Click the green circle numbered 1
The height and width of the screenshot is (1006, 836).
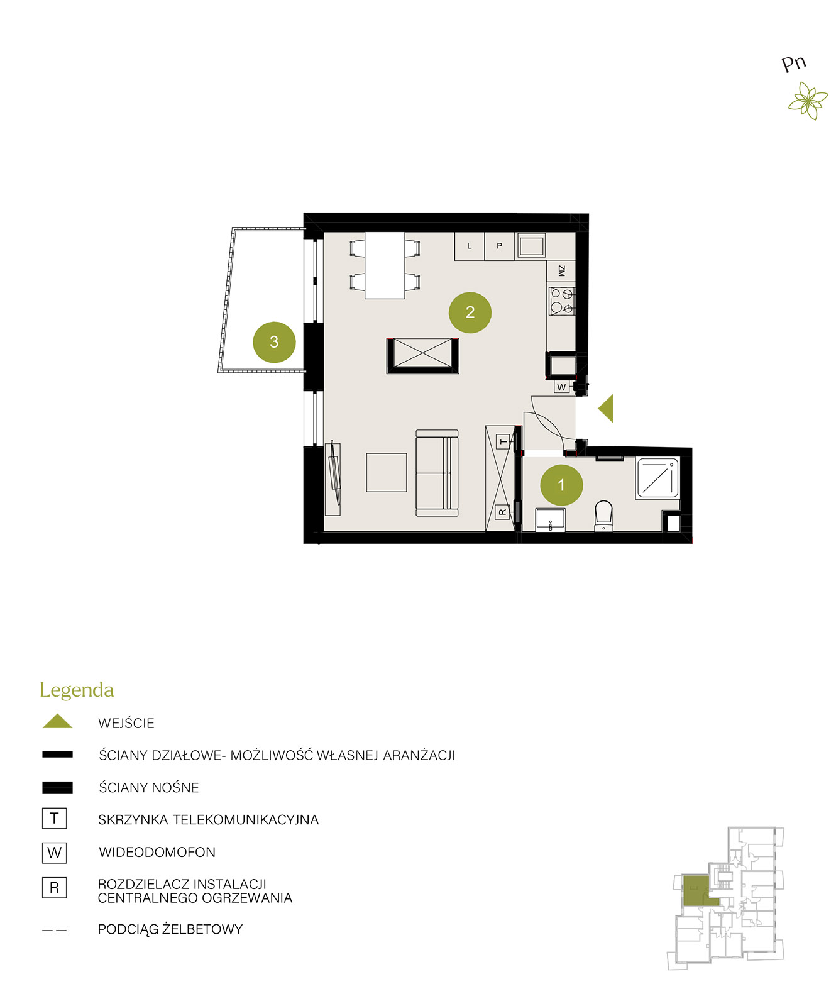pyautogui.click(x=561, y=485)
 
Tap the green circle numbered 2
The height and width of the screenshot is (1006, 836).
pyautogui.click(x=470, y=312)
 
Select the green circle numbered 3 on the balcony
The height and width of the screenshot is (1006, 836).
pyautogui.click(x=274, y=342)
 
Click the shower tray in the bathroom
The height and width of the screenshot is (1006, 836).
pyautogui.click(x=657, y=478)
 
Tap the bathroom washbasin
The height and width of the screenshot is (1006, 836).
pyautogui.click(x=551, y=520)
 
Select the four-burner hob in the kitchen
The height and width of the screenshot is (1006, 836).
pyautogui.click(x=561, y=301)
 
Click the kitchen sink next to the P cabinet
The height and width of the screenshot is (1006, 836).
pyautogui.click(x=531, y=245)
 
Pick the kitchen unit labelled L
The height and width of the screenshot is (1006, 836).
pyautogui.click(x=470, y=246)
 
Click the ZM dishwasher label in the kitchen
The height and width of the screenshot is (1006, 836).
pyautogui.click(x=561, y=271)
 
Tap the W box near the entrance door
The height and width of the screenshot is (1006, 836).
pyautogui.click(x=561, y=387)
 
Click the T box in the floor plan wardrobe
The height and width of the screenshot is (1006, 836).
pyautogui.click(x=503, y=442)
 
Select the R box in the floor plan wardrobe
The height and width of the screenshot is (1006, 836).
pyautogui.click(x=502, y=512)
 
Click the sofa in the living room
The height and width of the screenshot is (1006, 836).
pyautogui.click(x=437, y=473)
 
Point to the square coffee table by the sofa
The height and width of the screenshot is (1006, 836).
pyautogui.click(x=387, y=472)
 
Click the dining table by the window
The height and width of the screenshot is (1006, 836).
pyautogui.click(x=385, y=265)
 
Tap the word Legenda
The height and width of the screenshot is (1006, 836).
pyautogui.click(x=77, y=690)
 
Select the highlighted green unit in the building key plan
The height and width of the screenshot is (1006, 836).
pyautogui.click(x=698, y=890)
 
